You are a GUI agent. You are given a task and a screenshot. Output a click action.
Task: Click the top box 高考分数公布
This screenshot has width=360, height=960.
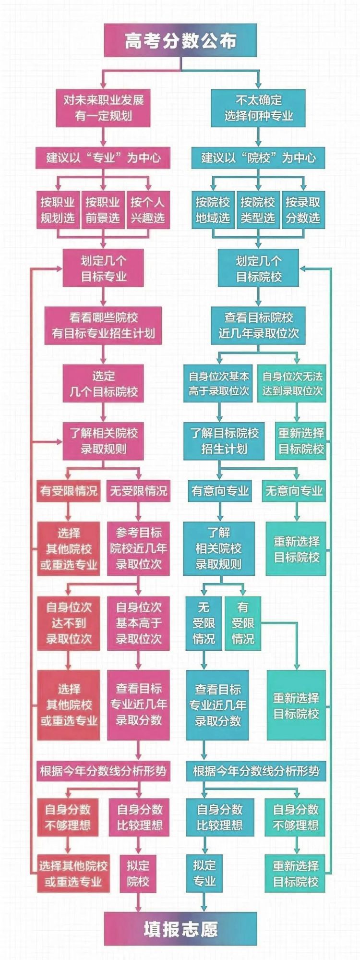[x=180, y=40]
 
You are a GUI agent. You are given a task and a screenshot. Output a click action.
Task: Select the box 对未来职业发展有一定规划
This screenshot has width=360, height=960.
[x=103, y=108]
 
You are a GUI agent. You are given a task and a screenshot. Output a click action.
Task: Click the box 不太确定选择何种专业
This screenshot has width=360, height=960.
[x=258, y=108]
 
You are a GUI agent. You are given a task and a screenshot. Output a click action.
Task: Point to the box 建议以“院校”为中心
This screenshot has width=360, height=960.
[x=258, y=158]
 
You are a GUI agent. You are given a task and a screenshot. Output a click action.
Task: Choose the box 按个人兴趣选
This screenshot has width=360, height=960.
[x=148, y=210]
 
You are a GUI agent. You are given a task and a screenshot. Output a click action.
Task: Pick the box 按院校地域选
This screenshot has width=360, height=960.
[x=213, y=210]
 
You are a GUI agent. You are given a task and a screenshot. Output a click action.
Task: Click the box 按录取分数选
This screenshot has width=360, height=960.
[x=302, y=210]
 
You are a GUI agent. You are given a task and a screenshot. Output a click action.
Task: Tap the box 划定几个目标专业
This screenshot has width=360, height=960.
[x=103, y=268]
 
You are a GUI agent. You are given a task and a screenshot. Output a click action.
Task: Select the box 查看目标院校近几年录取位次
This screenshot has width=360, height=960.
[x=258, y=325]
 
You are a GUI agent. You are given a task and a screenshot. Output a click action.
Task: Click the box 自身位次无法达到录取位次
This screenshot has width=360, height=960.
[x=292, y=383]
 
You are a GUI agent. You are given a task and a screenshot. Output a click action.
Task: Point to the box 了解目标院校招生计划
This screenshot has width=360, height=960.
[x=224, y=441]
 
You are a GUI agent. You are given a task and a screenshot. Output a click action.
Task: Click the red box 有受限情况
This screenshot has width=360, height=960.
[x=69, y=491]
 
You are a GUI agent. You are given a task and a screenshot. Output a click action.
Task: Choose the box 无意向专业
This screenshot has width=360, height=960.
[x=294, y=491]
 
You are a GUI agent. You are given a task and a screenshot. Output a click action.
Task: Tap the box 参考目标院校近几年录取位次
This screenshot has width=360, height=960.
[x=138, y=548]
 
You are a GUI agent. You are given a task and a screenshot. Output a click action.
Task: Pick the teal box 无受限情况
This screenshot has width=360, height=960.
[x=204, y=623]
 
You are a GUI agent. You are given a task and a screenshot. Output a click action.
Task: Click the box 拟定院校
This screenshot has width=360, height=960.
[x=138, y=874]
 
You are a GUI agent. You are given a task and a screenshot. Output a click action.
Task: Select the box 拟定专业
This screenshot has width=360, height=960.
[x=204, y=873]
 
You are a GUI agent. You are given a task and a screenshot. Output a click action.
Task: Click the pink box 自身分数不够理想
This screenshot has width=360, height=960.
[x=68, y=817]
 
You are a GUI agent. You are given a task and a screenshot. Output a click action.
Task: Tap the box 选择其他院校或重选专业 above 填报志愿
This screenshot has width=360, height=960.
[x=73, y=874]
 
